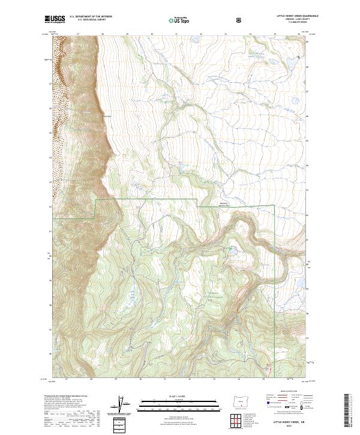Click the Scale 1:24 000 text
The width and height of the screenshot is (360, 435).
[172, 396]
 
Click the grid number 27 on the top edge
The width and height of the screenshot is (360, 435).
[79, 35]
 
